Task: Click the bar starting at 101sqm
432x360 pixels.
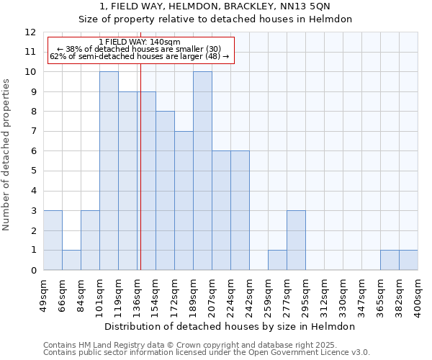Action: click(x=109, y=171)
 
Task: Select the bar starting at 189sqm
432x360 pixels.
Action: click(x=202, y=171)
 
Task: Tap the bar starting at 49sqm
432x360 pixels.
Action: click(x=53, y=240)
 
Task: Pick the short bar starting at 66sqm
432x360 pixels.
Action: click(x=71, y=260)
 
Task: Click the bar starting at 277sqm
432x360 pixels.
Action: click(x=296, y=240)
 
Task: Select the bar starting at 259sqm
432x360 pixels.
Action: click(x=277, y=260)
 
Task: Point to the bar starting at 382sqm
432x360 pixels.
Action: click(x=408, y=260)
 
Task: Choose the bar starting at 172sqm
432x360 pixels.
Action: click(x=184, y=201)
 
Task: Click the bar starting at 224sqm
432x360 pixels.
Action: click(x=240, y=210)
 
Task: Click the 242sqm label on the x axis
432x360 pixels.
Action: click(x=249, y=295)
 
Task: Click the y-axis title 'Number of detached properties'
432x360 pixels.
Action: click(x=7, y=156)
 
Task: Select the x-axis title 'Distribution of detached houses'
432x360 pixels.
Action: click(x=230, y=326)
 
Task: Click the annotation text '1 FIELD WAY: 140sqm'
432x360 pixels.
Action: click(x=140, y=42)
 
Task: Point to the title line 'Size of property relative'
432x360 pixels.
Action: click(x=216, y=19)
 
